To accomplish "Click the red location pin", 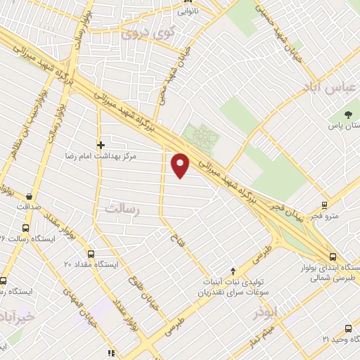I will point(181,165).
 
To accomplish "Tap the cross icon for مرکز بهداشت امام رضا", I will point(101,144).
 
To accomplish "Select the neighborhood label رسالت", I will point(123,208).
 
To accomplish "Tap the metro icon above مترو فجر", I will point(324,205).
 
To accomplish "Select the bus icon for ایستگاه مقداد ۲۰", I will point(91,254).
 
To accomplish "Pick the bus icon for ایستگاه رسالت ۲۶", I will point(26,228).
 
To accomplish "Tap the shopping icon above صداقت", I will point(29,196).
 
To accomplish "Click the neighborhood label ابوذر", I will point(266,310).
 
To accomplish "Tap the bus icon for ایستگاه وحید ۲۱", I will point(349,328).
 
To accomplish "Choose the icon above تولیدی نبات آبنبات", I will point(233,271).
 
